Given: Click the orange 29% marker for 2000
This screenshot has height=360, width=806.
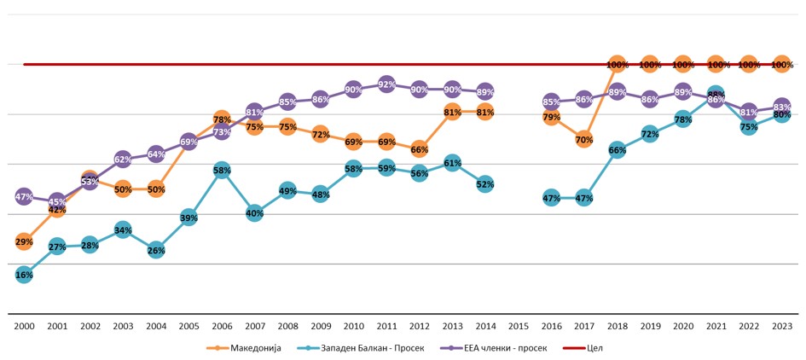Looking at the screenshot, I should (x=24, y=242).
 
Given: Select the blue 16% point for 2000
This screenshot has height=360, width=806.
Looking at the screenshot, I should (x=24, y=275).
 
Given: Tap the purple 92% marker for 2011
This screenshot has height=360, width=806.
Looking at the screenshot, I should (x=386, y=84).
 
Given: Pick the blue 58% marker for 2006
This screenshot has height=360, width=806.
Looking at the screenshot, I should (x=222, y=171).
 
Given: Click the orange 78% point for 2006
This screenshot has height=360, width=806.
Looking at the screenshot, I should (x=222, y=119).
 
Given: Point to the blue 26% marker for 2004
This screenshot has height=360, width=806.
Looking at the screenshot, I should (x=156, y=251).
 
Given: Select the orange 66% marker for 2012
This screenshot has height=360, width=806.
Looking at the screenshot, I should (x=420, y=149).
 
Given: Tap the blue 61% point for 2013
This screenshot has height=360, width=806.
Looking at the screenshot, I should (x=453, y=163).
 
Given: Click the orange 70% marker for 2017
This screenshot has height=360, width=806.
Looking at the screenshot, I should (x=584, y=139).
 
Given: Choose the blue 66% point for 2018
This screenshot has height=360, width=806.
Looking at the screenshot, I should (x=617, y=150).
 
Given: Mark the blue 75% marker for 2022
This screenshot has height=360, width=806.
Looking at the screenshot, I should (x=749, y=127).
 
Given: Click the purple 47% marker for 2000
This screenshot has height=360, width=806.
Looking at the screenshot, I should (x=24, y=197).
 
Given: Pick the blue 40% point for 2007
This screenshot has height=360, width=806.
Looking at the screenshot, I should (x=255, y=213).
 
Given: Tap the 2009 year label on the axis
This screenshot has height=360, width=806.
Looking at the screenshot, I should (x=321, y=326).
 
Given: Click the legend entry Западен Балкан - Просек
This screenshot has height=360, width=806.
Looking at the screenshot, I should (x=359, y=347).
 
